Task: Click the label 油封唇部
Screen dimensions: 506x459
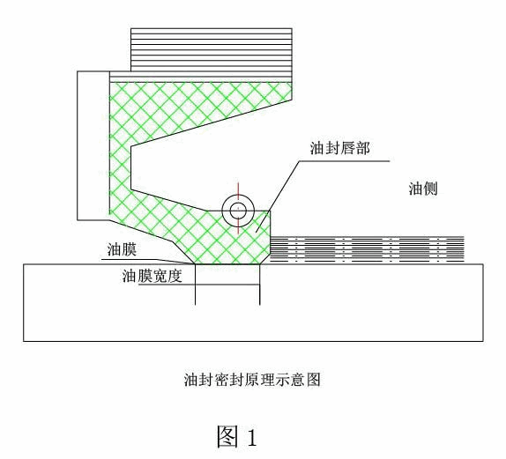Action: click(339, 148)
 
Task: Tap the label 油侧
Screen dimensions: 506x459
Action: click(423, 189)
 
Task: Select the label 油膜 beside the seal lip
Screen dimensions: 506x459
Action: click(122, 249)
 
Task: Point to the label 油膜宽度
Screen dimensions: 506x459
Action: click(152, 276)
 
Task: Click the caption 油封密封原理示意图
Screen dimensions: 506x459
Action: click(252, 380)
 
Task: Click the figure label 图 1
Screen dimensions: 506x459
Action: click(237, 437)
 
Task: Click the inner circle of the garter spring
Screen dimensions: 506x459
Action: click(238, 211)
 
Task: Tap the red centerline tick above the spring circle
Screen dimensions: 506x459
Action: click(238, 190)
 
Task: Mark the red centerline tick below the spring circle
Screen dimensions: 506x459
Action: click(238, 226)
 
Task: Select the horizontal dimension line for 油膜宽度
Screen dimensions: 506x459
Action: click(199, 285)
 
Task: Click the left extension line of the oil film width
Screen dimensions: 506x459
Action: click(195, 285)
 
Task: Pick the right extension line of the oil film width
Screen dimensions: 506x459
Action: click(260, 285)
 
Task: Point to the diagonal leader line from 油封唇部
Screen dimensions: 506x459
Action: click(278, 196)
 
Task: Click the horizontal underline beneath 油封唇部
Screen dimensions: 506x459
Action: click(345, 160)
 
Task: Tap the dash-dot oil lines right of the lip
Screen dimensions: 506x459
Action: click(367, 248)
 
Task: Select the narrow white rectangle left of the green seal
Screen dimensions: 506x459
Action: click(93, 145)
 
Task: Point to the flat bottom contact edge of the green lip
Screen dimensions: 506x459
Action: click(227, 263)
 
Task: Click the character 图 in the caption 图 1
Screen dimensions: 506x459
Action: click(227, 436)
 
